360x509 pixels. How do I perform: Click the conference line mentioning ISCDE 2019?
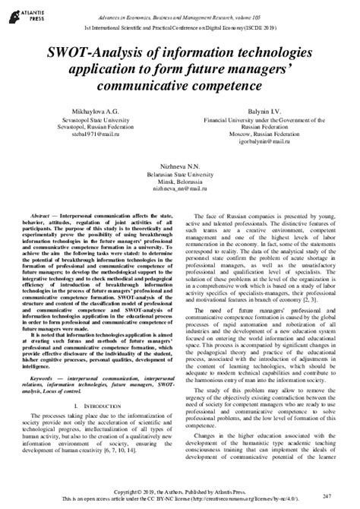180,26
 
